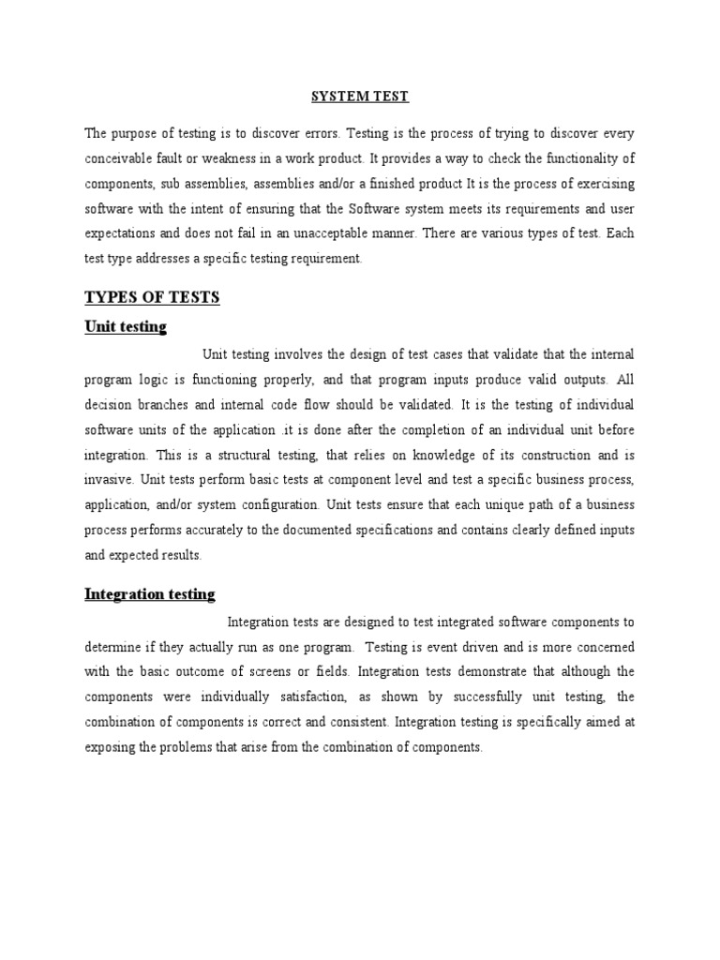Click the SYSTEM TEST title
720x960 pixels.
click(x=360, y=97)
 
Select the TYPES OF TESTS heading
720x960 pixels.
click(x=152, y=297)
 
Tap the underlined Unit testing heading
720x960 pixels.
click(x=126, y=327)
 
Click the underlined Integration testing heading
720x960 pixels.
click(x=150, y=594)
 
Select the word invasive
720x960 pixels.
click(x=110, y=479)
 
